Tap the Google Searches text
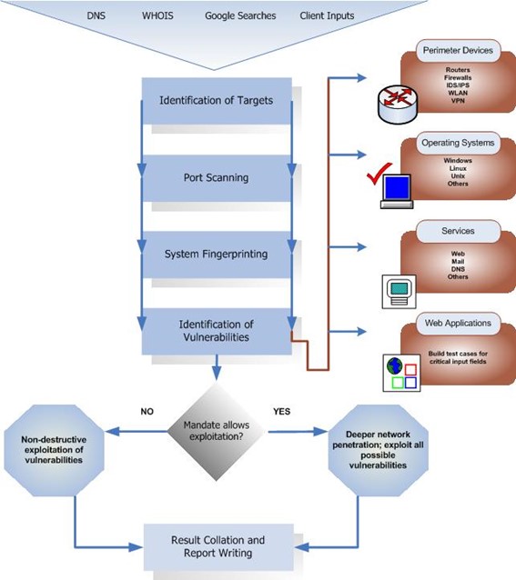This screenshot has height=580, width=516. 240,16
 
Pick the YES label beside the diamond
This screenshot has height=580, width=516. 281,411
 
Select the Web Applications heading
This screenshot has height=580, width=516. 458,323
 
